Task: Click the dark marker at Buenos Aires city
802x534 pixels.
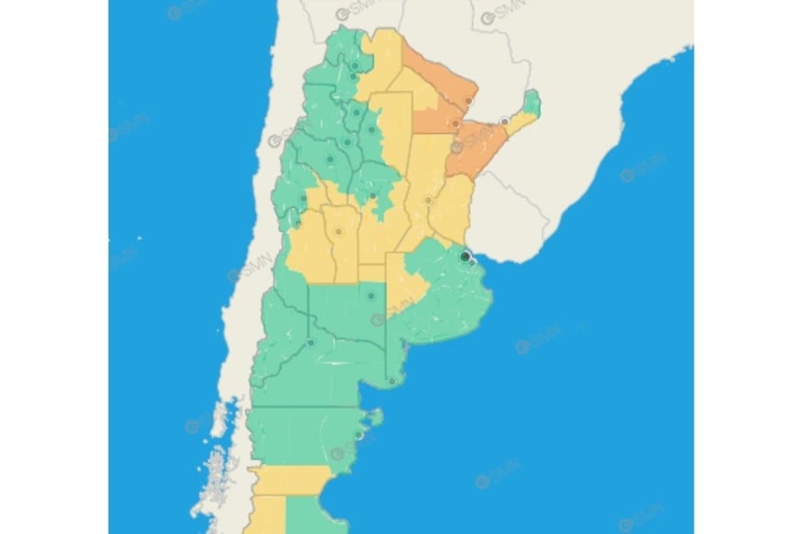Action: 466,256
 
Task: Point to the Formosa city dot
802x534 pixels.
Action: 469,101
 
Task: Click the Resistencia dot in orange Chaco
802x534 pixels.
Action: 454,123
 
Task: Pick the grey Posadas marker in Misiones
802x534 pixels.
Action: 504,122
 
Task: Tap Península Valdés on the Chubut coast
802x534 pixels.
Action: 374,420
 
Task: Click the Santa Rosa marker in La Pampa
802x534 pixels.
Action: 371,296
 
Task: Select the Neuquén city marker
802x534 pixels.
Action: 311,343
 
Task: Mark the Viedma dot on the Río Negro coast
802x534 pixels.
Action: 393,380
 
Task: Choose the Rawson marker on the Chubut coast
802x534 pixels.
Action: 358,435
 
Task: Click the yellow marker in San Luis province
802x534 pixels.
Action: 338,231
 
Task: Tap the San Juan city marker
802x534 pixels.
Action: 302,197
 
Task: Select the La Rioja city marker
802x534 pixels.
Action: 330,159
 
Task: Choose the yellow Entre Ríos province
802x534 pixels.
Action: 453,207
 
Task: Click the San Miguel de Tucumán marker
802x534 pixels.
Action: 356,112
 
